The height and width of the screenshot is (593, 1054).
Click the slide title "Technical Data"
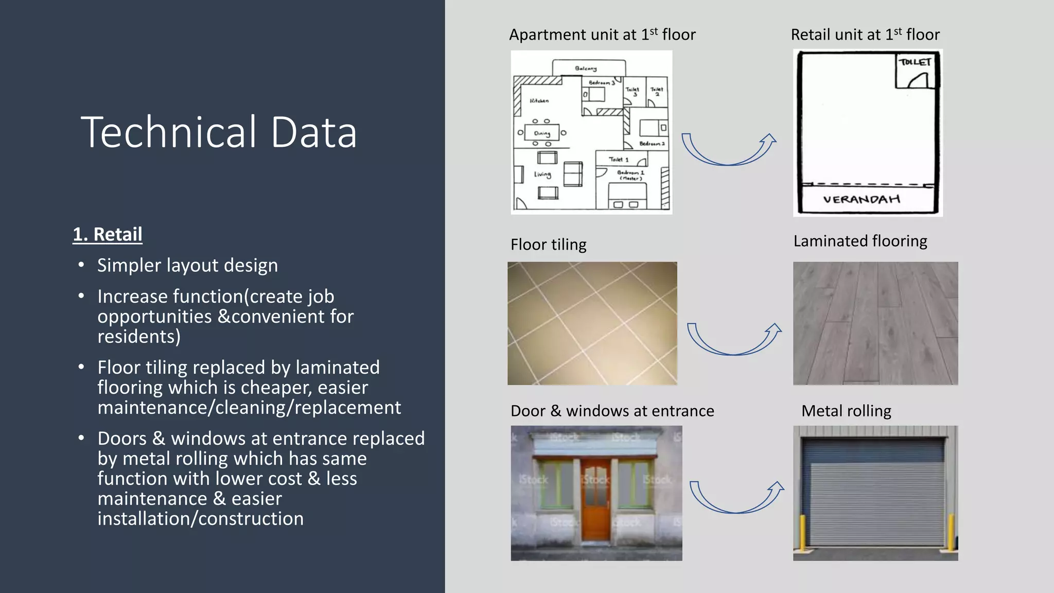click(x=218, y=132)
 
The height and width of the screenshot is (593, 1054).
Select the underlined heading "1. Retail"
click(x=108, y=234)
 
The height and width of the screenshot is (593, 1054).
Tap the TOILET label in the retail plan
click(x=915, y=62)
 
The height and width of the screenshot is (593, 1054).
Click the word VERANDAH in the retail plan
click(x=862, y=199)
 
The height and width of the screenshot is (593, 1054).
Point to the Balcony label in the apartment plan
click(x=586, y=68)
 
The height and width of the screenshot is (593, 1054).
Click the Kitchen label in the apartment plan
click(x=539, y=101)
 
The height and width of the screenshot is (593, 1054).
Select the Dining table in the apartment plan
click(x=542, y=133)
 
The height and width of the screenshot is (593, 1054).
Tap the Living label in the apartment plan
click(x=542, y=175)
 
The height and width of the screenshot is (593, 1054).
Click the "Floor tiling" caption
click(x=548, y=245)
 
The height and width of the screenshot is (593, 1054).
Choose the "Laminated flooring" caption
click(x=860, y=241)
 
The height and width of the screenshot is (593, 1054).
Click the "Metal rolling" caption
click(x=846, y=411)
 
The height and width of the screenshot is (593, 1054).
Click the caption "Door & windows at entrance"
click(x=612, y=411)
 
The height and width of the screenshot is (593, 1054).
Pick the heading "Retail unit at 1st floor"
click(x=865, y=34)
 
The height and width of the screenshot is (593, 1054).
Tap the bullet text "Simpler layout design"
click(x=187, y=266)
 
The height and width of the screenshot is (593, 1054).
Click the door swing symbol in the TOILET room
click(x=918, y=80)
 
